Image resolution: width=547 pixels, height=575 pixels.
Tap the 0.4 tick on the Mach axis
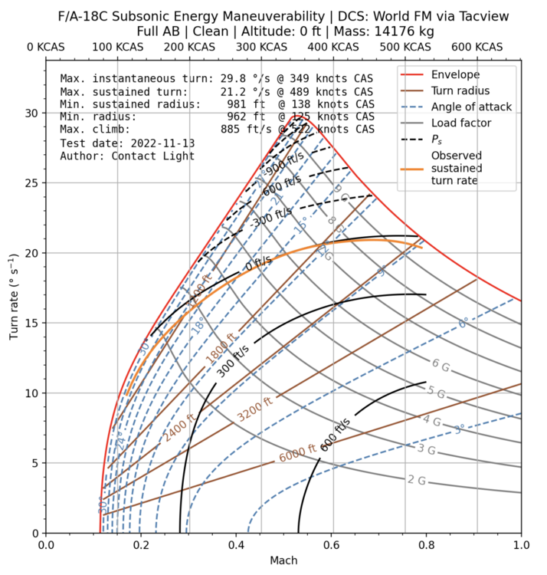point(236,546)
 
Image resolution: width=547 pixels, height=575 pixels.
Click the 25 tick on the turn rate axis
point(31,183)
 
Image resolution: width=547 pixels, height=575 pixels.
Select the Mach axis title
point(283,561)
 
